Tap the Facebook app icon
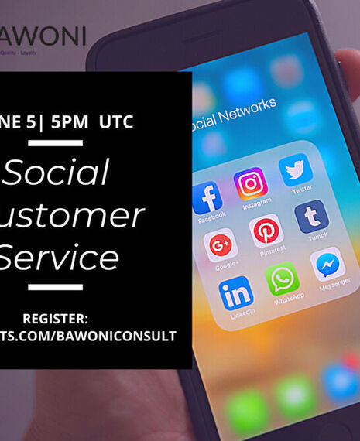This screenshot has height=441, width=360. tap(207, 197)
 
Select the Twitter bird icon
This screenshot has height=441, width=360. tap(296, 169)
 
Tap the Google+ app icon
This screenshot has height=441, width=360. tap(221, 245)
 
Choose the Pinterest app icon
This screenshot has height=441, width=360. tap(266, 231)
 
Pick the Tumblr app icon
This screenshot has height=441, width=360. tap(311, 216)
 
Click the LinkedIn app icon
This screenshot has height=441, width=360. tap(235, 292)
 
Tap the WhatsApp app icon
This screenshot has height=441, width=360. tap(283, 278)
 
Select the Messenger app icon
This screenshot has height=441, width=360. tap(329, 263)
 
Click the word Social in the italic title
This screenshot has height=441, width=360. tap(58, 173)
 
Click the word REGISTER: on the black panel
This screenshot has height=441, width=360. tap(56, 318)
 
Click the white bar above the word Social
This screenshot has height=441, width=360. tap(55, 142)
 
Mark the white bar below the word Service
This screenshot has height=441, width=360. tap(55, 287)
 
